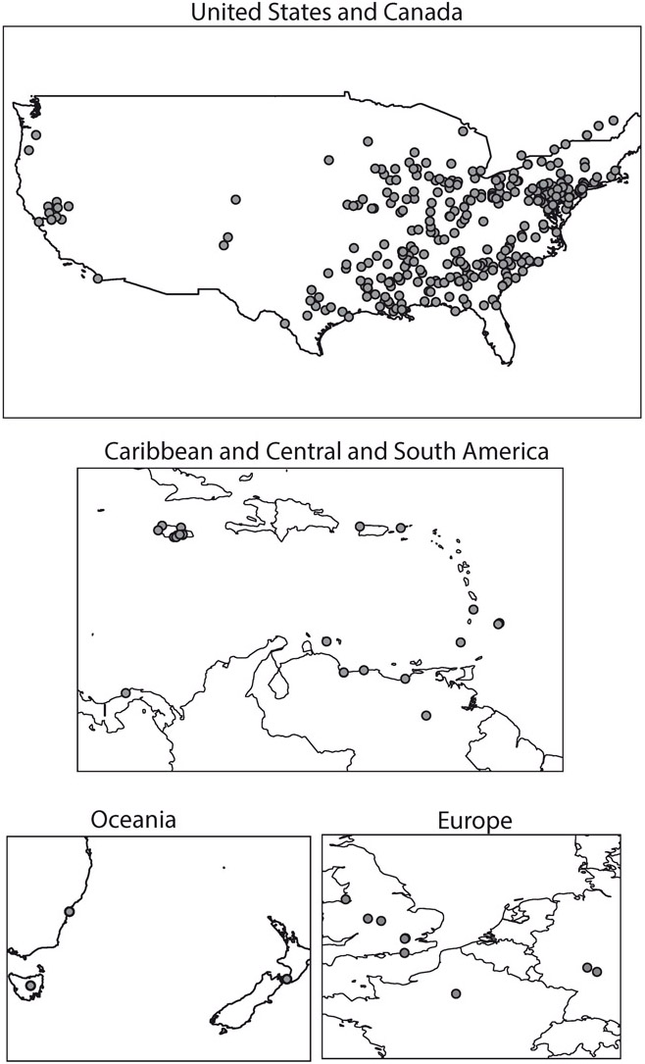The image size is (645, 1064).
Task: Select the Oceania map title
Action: [x=133, y=819]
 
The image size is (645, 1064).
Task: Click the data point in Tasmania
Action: [x=30, y=985]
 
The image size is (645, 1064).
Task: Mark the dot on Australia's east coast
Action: [x=69, y=911]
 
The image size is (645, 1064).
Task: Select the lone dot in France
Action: [x=455, y=993]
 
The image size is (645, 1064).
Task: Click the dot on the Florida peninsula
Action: [x=496, y=305]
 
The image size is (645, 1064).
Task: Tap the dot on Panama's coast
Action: [x=125, y=693]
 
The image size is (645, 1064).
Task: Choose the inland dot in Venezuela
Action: [x=425, y=715]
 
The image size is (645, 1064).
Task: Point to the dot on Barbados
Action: [x=499, y=623]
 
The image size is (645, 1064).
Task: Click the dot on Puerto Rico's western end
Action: [x=361, y=527]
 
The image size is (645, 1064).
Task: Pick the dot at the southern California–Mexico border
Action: [x=97, y=278]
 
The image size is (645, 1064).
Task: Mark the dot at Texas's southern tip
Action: [x=285, y=324]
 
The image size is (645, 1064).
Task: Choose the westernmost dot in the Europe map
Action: [x=345, y=898]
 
